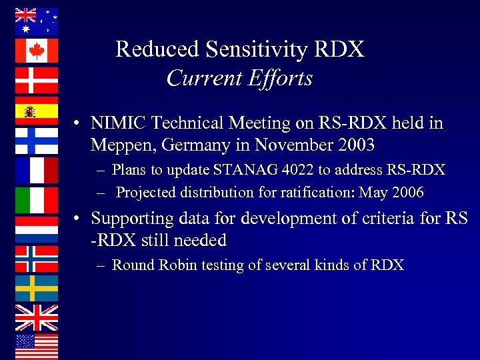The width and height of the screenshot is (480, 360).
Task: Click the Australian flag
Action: pyautogui.click(x=37, y=21)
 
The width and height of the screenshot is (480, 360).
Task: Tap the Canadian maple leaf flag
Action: pyautogui.click(x=37, y=51)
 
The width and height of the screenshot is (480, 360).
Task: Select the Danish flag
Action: pyautogui.click(x=37, y=80)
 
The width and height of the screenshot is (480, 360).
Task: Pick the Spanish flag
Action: pyautogui.click(x=37, y=111)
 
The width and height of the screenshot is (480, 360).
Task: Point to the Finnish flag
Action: pyautogui.click(x=37, y=140)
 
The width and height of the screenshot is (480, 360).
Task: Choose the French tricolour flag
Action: pyautogui.click(x=37, y=170)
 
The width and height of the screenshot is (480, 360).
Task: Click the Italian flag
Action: pyautogui.click(x=37, y=200)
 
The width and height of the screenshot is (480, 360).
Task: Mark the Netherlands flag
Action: pyautogui.click(x=37, y=229)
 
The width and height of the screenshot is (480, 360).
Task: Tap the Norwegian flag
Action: pyautogui.click(x=37, y=259)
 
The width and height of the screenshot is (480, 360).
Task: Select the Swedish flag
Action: pyautogui.click(x=37, y=288)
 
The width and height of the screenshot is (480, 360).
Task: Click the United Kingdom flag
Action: pyautogui.click(x=37, y=317)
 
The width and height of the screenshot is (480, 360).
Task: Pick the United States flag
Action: pyautogui.click(x=37, y=347)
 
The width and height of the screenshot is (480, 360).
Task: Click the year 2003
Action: pyautogui.click(x=356, y=144)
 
